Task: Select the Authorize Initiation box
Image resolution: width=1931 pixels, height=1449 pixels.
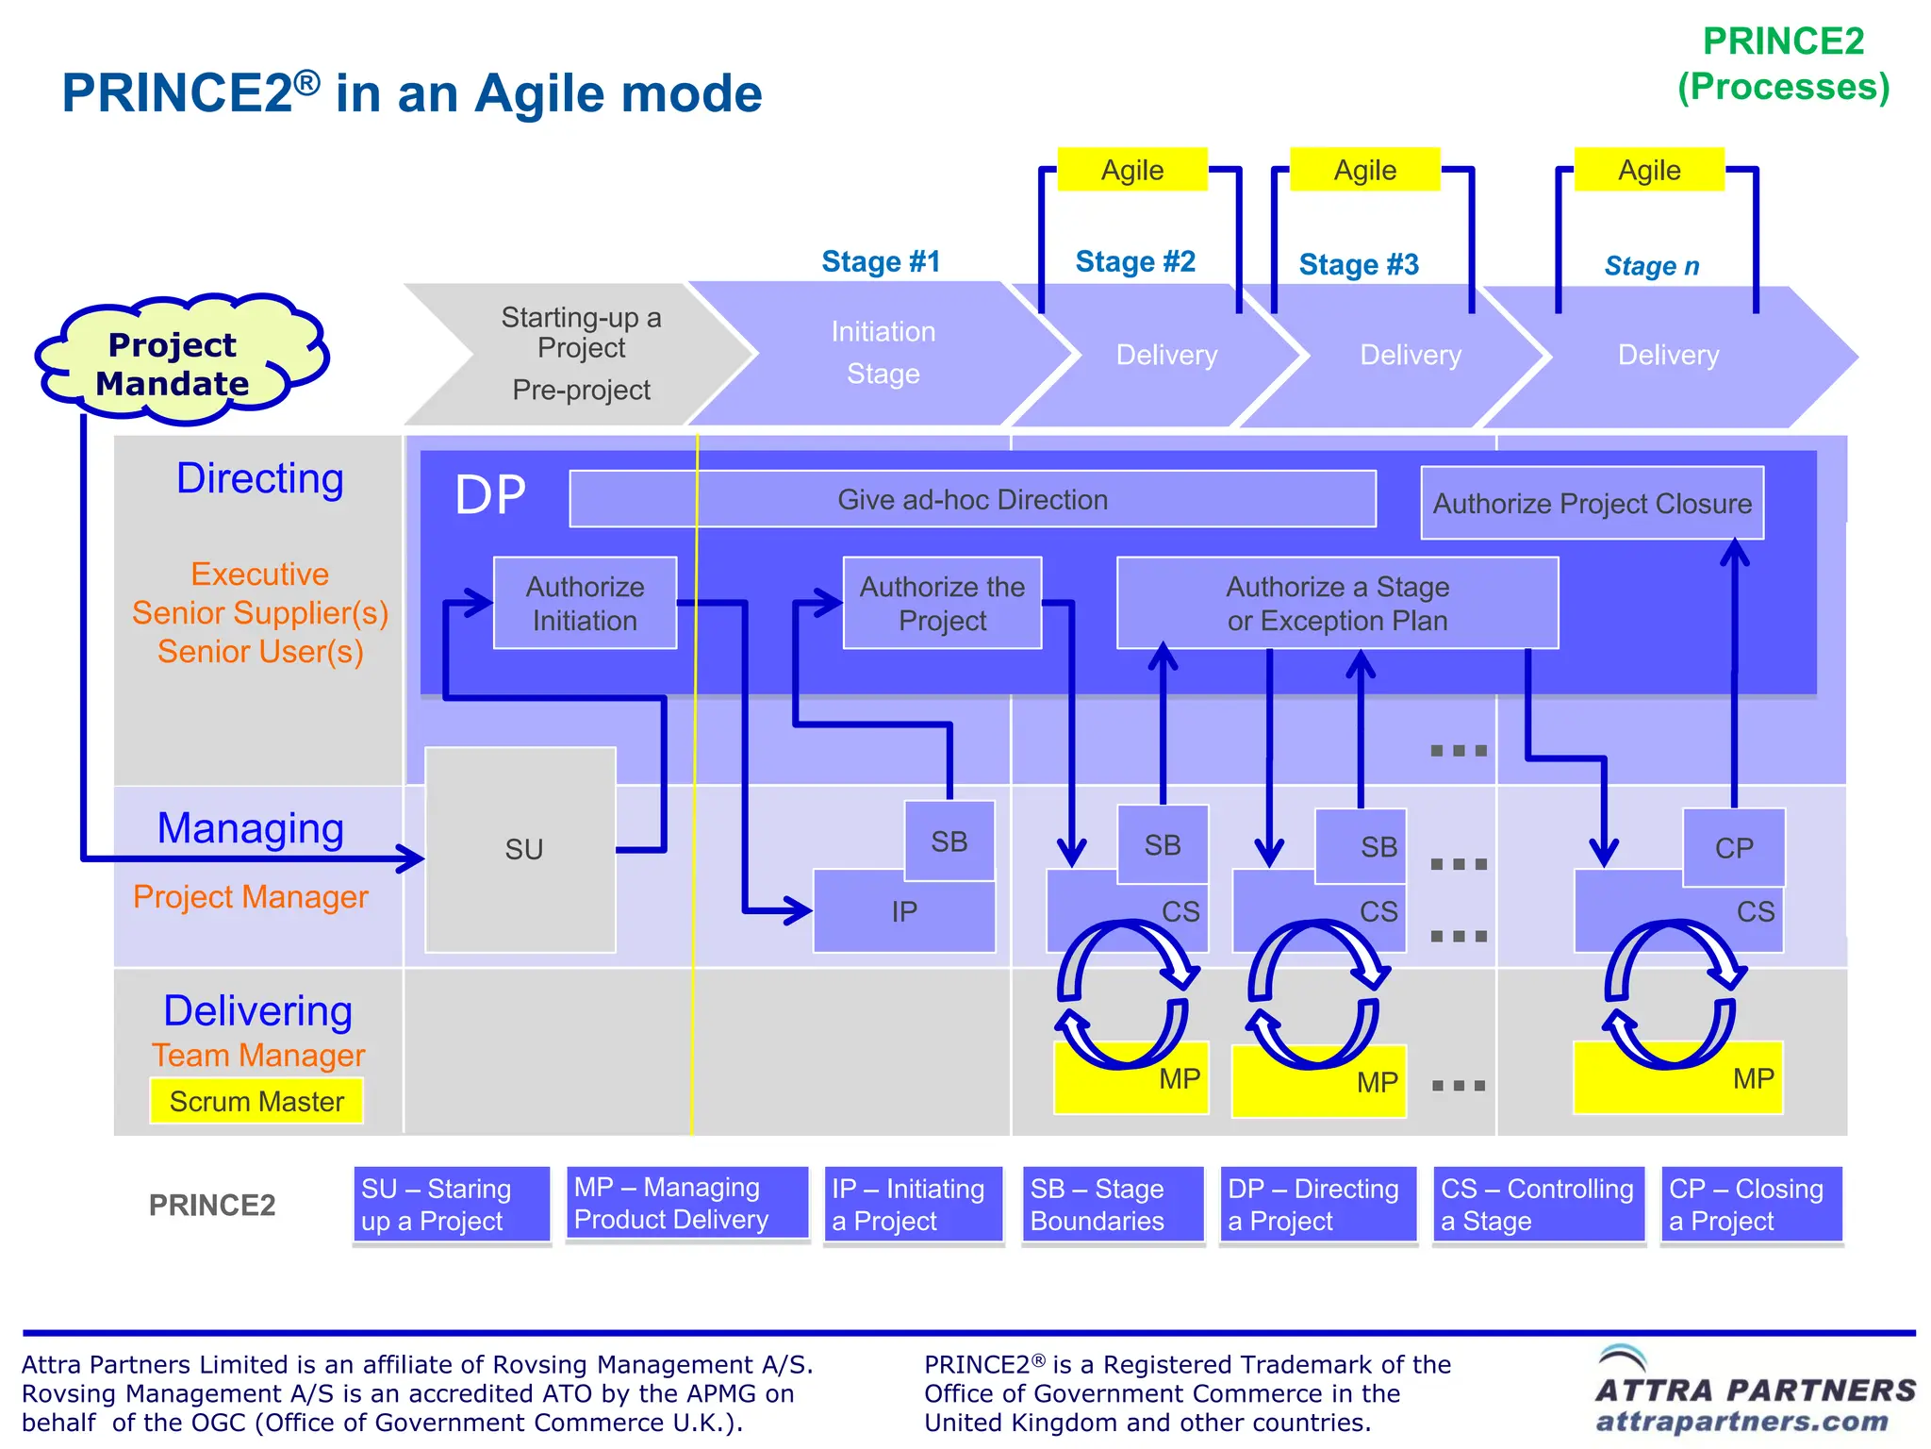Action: click(585, 603)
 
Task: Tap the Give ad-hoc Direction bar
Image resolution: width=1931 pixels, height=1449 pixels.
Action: click(972, 499)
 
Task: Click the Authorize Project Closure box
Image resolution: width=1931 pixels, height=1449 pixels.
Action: click(1592, 503)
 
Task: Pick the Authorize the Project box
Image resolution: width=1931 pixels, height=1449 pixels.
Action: click(942, 603)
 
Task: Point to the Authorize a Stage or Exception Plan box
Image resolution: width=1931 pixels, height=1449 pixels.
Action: click(1337, 603)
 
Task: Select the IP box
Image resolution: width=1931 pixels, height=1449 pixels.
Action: click(903, 912)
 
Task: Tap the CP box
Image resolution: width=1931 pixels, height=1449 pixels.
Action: click(1733, 847)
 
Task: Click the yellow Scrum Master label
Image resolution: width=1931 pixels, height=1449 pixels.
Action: click(256, 1101)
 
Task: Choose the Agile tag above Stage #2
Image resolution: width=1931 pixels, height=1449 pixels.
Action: click(1132, 170)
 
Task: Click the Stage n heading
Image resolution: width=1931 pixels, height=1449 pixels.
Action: click(1652, 266)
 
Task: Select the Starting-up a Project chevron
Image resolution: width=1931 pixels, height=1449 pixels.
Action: click(581, 354)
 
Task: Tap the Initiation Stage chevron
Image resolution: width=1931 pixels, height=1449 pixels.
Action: click(883, 354)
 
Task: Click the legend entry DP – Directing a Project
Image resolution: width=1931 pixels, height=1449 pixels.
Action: click(1317, 1205)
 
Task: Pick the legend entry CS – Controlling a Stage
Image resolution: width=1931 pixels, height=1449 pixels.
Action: click(1538, 1205)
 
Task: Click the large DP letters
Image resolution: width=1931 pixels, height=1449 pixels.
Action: click(490, 495)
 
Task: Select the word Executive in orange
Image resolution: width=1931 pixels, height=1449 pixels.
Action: click(259, 574)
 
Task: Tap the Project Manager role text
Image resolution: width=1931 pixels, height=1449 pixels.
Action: click(250, 896)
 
